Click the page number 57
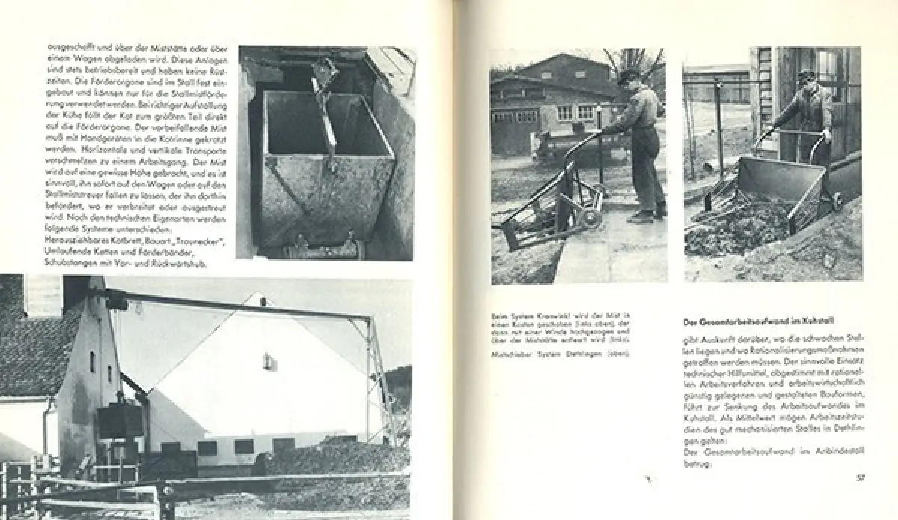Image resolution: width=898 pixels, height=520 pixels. tap(860, 477)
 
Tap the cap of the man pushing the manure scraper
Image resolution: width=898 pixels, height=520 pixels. tap(629, 75)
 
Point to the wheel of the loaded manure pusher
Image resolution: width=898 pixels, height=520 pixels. tap(836, 200)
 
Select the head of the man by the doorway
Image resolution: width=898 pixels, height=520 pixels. tap(806, 79)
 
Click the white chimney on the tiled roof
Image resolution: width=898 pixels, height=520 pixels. tap(43, 295)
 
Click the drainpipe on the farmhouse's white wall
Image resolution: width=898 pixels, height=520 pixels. tap(46, 435)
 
